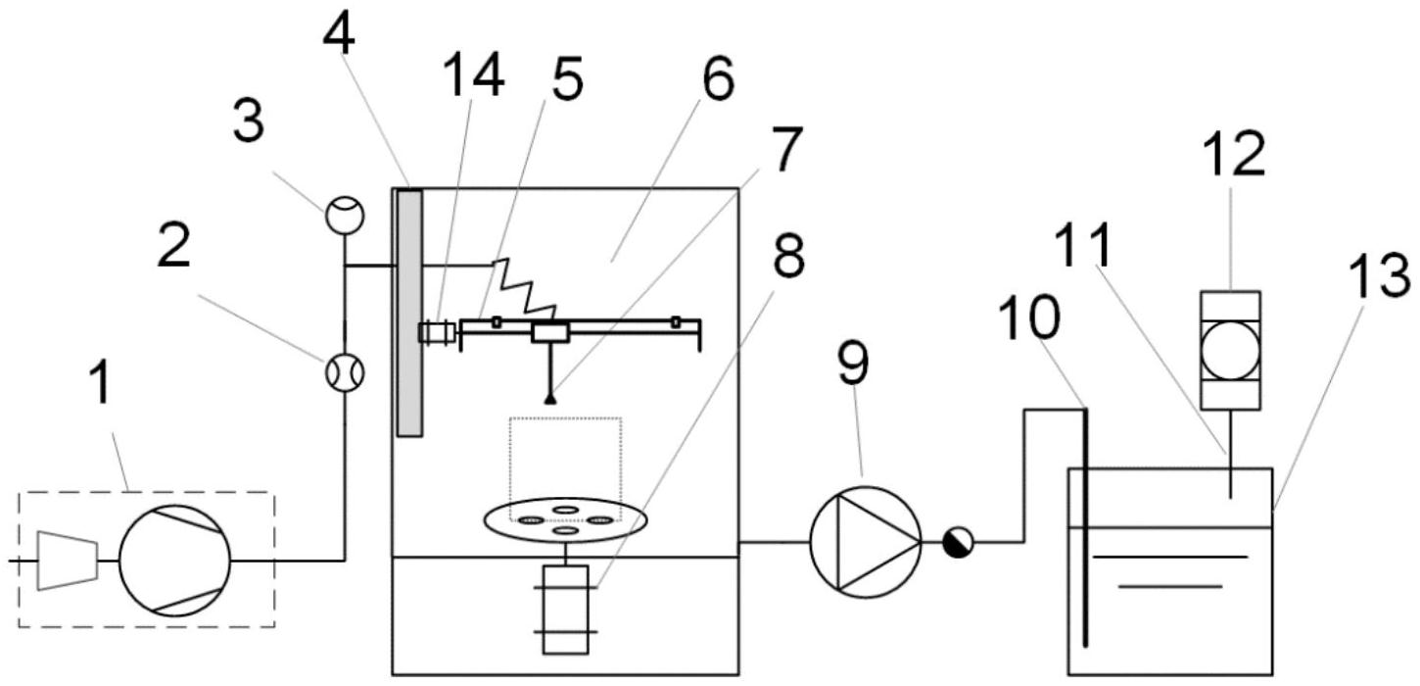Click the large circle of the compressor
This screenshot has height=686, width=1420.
(x=174, y=560)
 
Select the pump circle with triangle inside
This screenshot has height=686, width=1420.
(x=865, y=541)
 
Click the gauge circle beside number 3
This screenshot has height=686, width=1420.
(x=344, y=215)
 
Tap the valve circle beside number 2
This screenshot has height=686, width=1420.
(x=344, y=371)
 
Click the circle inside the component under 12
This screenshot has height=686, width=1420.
(x=1230, y=350)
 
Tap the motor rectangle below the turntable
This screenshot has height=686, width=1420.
(x=565, y=609)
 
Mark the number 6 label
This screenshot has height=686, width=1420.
(x=718, y=81)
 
